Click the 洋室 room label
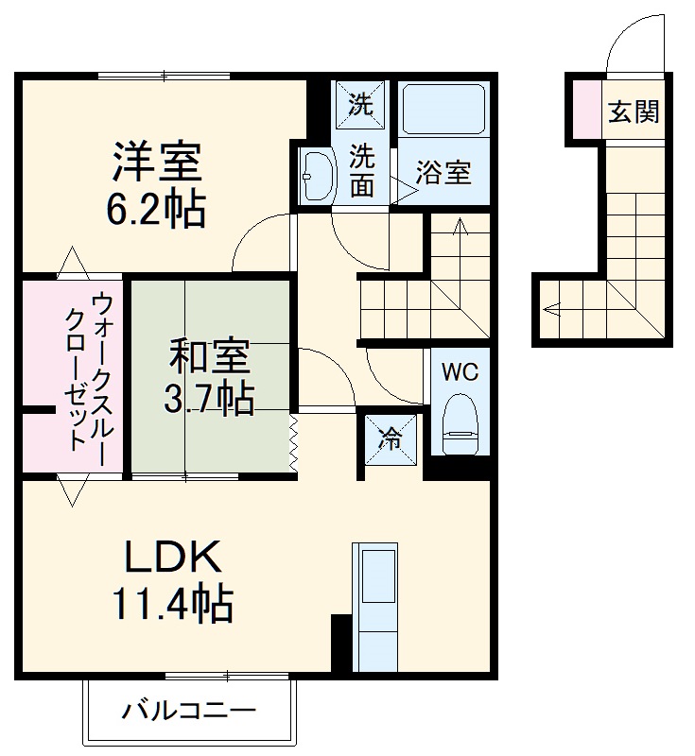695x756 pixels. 158,162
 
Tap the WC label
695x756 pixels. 460,371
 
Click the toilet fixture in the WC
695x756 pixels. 460,421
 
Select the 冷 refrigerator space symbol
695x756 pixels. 389,438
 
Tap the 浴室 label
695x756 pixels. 443,174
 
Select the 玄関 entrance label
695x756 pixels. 633,112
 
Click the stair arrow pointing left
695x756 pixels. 550,308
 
